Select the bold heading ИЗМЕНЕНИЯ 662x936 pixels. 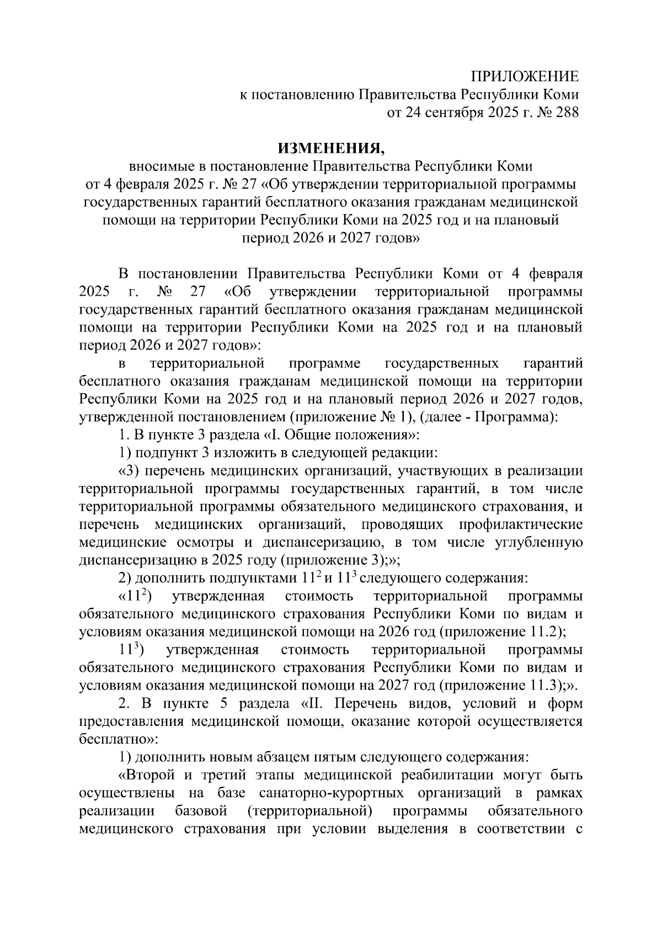(330, 148)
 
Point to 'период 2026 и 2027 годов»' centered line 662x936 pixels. (330, 238)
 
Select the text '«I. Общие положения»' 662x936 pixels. (340, 435)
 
